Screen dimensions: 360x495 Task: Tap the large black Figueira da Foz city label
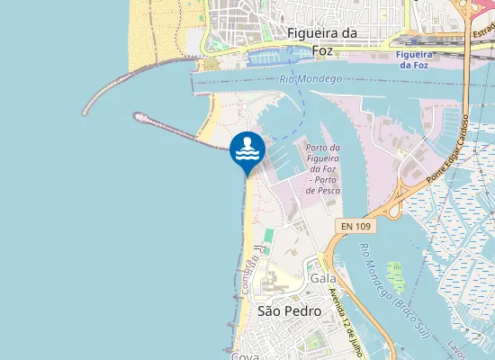click(322, 41)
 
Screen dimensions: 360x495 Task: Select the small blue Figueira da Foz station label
click(413, 60)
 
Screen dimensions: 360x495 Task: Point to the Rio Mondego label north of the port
click(310, 80)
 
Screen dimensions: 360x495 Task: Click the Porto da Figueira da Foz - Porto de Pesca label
click(322, 169)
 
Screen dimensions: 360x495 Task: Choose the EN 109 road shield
click(356, 224)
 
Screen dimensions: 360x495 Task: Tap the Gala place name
click(322, 278)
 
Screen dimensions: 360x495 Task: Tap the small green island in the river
click(395, 271)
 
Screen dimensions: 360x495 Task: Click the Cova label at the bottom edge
click(245, 356)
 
